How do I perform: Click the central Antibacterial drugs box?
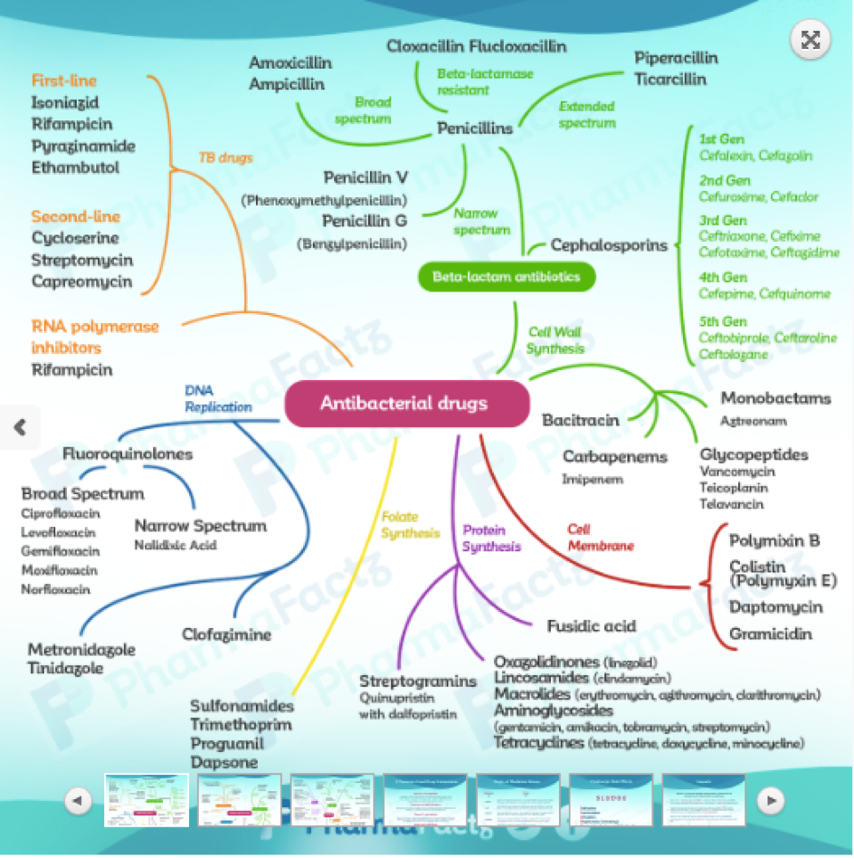point(406,404)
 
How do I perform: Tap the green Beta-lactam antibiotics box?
point(507,276)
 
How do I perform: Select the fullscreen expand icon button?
point(811,39)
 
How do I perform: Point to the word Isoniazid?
point(65,103)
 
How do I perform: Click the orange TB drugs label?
point(225,157)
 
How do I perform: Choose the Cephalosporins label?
point(609,245)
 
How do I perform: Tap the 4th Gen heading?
point(723,278)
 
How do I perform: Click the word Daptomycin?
point(775,606)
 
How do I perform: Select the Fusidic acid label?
point(591,625)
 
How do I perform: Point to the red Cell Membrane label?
point(600,538)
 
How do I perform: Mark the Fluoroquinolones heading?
point(127,454)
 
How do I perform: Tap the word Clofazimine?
point(226,634)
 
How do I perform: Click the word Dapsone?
point(223,762)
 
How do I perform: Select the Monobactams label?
point(775,398)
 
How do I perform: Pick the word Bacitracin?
point(580,420)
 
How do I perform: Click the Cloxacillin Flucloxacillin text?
point(477,46)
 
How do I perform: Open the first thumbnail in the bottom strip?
point(146,799)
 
